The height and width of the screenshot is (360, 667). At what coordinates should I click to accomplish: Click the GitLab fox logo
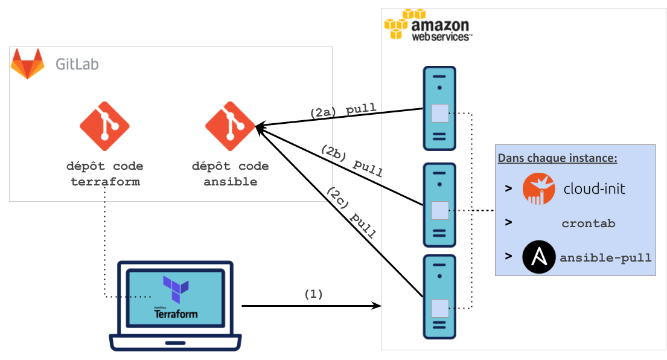tap(27, 64)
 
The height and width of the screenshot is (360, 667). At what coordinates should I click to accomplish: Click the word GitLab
tap(77, 64)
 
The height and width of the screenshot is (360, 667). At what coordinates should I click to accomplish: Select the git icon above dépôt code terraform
tap(104, 126)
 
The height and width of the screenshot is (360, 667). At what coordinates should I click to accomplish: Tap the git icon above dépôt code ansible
tap(230, 126)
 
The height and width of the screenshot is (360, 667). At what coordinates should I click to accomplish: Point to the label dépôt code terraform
tap(104, 173)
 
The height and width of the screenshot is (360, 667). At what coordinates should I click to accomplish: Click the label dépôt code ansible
tap(230, 173)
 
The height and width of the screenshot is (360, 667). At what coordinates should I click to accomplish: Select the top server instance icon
tap(439, 108)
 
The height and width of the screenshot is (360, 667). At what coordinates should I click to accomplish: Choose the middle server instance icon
tap(439, 205)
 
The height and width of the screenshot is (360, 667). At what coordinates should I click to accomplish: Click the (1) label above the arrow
tap(313, 295)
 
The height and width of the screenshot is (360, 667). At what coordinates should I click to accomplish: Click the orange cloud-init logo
tap(538, 188)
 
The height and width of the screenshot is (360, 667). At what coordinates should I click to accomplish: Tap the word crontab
tap(588, 223)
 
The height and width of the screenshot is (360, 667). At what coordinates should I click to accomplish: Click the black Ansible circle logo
tap(538, 257)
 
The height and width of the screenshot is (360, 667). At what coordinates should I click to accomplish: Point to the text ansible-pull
tap(605, 258)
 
